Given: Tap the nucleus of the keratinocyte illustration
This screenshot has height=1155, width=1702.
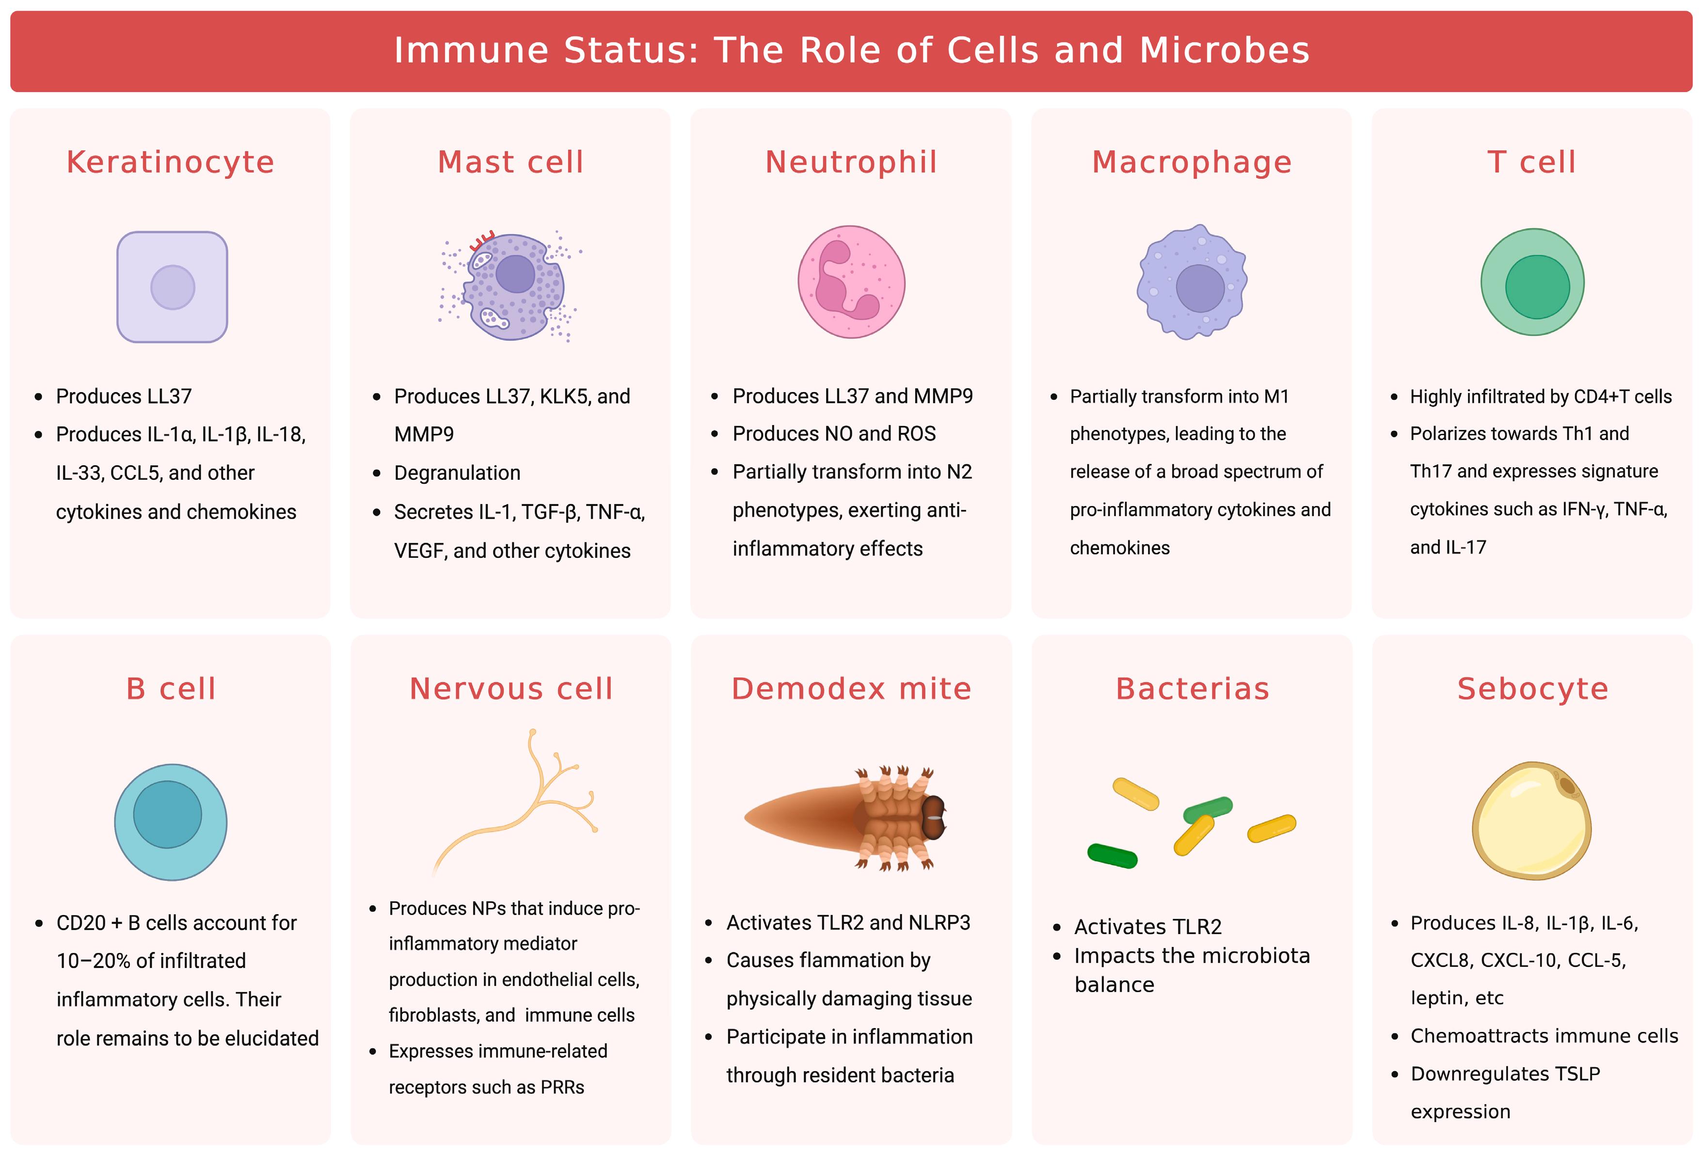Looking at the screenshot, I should click(x=173, y=287).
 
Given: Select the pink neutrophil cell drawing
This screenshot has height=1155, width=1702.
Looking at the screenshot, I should click(x=851, y=282).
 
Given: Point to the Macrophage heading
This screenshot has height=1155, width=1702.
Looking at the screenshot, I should click(x=1192, y=162).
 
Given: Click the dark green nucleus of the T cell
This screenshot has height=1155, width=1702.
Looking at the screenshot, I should click(x=1537, y=286).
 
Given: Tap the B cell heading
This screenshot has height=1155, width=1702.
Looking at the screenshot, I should click(x=171, y=688).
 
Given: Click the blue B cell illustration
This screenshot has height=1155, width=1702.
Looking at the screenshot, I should click(x=171, y=822).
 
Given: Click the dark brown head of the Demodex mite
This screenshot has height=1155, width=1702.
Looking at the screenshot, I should click(x=933, y=817).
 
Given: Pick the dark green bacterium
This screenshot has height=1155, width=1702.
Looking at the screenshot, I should click(x=1112, y=855).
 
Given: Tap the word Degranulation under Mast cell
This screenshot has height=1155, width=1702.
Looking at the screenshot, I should click(x=457, y=473).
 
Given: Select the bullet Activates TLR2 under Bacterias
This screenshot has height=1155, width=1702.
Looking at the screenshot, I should click(x=1147, y=927).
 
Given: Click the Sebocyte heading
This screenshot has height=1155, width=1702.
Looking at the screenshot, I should click(x=1532, y=688).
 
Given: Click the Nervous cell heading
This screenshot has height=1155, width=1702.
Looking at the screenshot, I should click(x=510, y=688).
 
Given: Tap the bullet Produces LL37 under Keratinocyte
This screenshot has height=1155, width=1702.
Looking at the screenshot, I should click(x=124, y=396).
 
